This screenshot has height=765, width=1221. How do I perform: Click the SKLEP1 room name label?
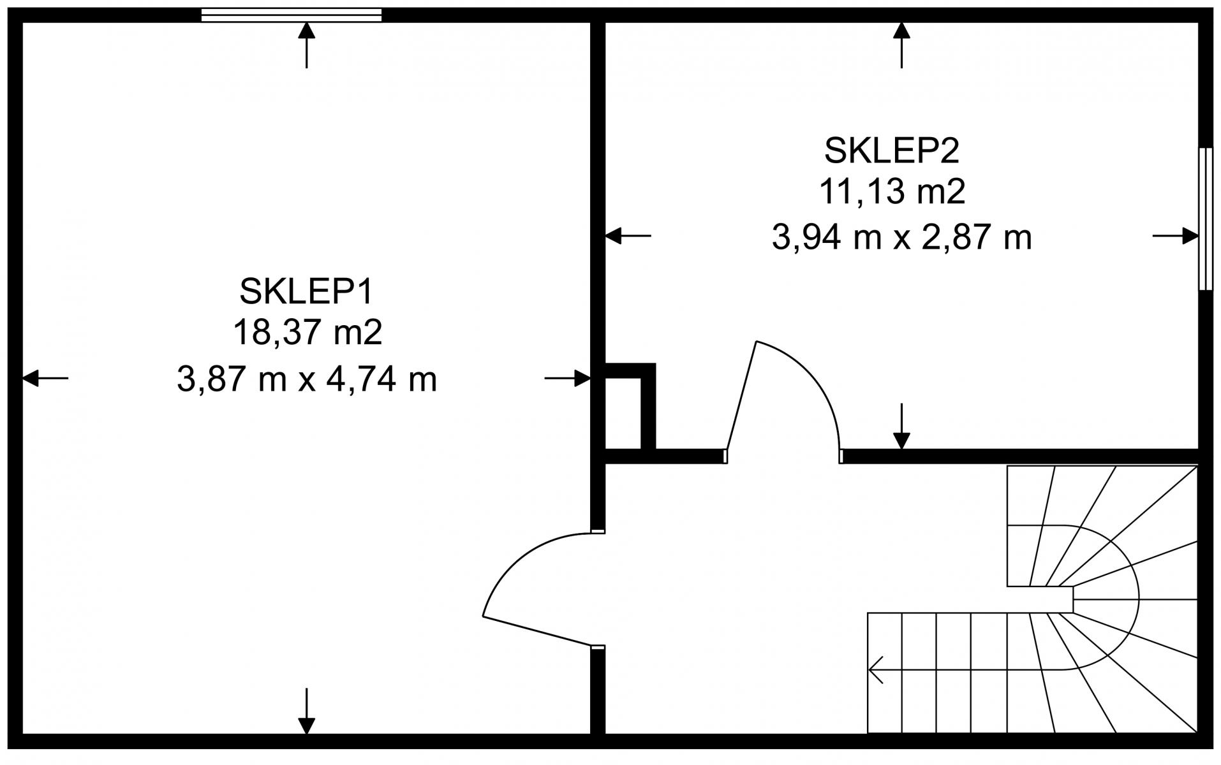(x=306, y=291)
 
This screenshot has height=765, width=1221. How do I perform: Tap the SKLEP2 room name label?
(x=892, y=150)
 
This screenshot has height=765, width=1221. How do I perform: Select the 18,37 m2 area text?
(x=307, y=333)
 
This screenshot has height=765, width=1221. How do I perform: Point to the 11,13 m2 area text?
(x=892, y=192)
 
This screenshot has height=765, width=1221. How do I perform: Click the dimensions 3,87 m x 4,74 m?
(x=307, y=380)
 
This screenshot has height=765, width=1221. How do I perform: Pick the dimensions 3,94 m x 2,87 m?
(x=901, y=238)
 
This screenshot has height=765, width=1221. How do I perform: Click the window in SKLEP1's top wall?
(x=292, y=15)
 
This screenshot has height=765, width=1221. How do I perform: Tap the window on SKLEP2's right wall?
(x=1205, y=219)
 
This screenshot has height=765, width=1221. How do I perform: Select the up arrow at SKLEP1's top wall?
(x=307, y=45)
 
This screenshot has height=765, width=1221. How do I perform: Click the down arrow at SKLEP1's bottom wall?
(x=307, y=711)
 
